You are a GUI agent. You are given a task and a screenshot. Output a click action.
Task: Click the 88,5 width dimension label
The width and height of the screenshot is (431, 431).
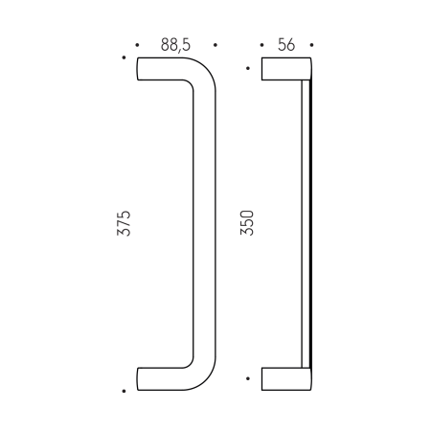point(176,45)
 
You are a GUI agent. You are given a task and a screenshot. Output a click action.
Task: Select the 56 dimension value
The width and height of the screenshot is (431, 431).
point(286,45)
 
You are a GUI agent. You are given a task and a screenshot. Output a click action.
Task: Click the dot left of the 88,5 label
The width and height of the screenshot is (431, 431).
point(138,45)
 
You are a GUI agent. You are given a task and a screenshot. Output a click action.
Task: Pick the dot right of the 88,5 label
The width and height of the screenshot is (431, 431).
point(215,45)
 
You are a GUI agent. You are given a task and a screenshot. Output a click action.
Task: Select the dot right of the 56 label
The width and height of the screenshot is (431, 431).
point(311,45)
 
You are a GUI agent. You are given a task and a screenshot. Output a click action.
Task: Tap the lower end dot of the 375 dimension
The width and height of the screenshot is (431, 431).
point(125,391)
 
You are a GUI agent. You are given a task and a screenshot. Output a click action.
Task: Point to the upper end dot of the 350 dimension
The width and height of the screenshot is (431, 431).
point(249,68)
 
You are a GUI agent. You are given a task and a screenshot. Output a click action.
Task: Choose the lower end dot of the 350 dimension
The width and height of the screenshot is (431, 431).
point(249,379)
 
